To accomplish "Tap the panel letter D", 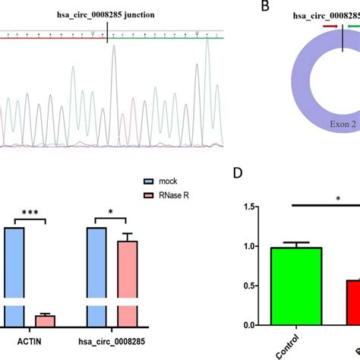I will (x=238, y=194).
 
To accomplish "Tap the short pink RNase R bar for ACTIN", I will (x=46, y=320).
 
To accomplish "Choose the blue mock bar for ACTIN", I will (x=13, y=273).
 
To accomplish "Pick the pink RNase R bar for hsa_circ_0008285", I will (x=127, y=281).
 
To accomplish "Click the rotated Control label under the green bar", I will (x=291, y=346).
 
